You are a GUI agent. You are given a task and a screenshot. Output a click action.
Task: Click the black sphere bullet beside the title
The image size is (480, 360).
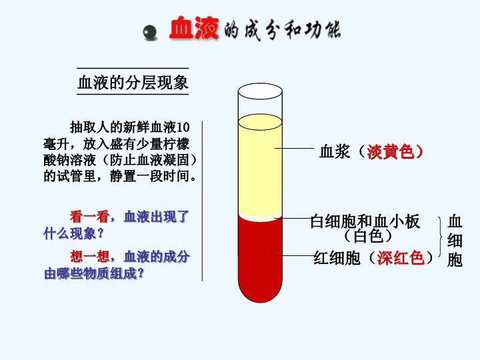click(150, 32)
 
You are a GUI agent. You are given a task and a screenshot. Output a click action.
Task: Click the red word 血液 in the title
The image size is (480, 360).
click(194, 28)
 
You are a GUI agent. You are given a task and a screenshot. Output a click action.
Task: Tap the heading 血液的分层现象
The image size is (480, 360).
click(133, 83)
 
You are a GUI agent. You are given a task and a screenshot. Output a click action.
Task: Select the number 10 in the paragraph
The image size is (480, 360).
click(183, 127)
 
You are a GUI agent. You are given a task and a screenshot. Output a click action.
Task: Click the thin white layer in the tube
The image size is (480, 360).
click(260, 217)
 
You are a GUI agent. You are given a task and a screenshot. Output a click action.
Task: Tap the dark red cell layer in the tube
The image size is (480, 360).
click(260, 257)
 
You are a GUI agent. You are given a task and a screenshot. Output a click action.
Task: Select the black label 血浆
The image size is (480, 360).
click(335, 151)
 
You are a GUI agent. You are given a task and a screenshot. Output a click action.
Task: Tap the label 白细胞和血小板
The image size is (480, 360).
click(365, 221)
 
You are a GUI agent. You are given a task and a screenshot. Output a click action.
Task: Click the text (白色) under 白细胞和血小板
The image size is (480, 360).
click(368, 236)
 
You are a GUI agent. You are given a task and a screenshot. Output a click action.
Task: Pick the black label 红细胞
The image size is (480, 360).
click(337, 258)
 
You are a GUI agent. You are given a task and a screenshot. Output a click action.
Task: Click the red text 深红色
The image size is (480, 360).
click(401, 258)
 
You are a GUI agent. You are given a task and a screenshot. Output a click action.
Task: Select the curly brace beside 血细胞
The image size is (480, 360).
click(441, 237)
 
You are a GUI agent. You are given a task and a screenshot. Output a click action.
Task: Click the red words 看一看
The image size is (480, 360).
click(89, 217)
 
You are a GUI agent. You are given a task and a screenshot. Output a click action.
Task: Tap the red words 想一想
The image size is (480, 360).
click(89, 256)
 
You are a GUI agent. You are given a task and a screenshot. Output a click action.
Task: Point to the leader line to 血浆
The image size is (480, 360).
click(294, 148)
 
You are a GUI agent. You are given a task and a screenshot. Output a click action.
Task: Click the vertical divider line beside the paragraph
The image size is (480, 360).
click(202, 201)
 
